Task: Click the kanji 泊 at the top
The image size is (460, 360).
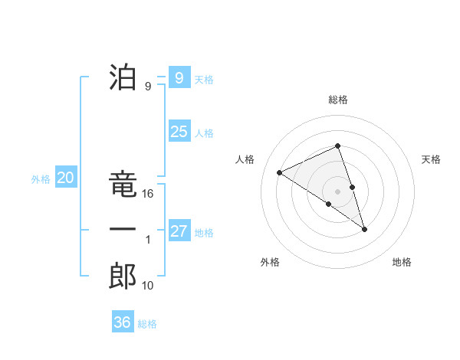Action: tap(123, 77)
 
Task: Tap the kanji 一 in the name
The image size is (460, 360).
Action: tap(123, 230)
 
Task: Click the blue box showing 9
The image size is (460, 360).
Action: tap(179, 77)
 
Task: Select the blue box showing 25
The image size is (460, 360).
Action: tap(179, 132)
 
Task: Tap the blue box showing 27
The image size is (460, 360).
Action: tap(179, 231)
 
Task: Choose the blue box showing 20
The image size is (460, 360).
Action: tap(65, 178)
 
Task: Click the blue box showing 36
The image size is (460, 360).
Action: tap(122, 322)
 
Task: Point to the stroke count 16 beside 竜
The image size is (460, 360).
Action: tap(148, 194)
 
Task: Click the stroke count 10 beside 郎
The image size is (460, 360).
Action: tap(148, 286)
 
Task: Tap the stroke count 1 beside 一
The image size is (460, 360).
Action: tap(148, 240)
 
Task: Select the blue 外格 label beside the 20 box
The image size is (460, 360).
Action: tap(41, 179)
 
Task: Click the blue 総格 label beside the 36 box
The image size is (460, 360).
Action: tap(147, 324)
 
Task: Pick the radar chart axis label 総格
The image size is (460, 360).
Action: tap(338, 100)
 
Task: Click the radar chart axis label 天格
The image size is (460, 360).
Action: tap(432, 159)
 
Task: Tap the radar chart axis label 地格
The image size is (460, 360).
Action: tap(402, 262)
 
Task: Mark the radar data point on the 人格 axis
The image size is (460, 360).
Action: tap(280, 172)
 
